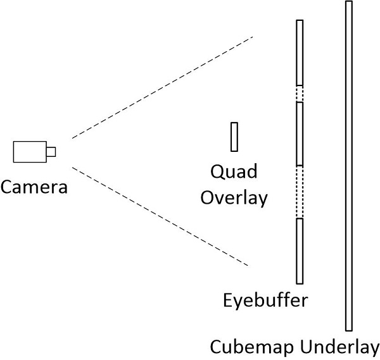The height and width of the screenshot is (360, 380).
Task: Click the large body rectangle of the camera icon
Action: (29, 151)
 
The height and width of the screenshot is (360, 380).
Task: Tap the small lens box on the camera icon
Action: (51, 151)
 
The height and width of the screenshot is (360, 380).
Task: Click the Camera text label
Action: (34, 187)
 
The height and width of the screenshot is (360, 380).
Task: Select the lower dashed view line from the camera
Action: (161, 216)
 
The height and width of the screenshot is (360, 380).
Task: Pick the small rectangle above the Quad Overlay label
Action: (234, 137)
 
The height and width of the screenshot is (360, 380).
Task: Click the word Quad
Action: (234, 171)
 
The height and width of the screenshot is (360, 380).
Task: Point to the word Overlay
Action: (234, 197)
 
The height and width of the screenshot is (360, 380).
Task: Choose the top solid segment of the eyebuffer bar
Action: (300, 53)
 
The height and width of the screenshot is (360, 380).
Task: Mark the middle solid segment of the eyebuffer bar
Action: (300, 134)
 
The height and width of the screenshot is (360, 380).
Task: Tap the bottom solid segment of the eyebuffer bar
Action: (300, 251)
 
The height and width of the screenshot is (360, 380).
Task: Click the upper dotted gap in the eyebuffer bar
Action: (300, 94)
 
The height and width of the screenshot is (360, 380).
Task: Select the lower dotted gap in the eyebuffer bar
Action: (300, 192)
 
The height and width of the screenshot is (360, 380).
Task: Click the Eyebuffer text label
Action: (265, 299)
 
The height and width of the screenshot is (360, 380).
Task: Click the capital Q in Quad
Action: (217, 171)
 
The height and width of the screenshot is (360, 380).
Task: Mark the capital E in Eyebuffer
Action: (228, 299)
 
